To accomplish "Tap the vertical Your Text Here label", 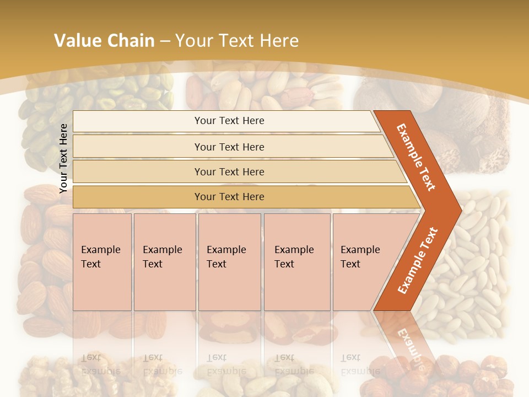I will [x=63, y=158].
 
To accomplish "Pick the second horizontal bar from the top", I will [x=229, y=147].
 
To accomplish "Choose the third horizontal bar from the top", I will [x=229, y=171].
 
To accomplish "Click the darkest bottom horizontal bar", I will [x=229, y=197].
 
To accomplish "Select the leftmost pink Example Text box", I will [x=102, y=262].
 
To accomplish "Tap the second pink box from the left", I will [x=164, y=262].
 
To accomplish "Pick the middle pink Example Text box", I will [x=229, y=262].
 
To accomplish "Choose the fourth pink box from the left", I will [x=296, y=262].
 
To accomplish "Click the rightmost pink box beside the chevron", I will [x=364, y=262].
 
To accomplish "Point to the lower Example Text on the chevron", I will [x=417, y=261].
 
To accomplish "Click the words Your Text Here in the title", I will [x=237, y=40].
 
